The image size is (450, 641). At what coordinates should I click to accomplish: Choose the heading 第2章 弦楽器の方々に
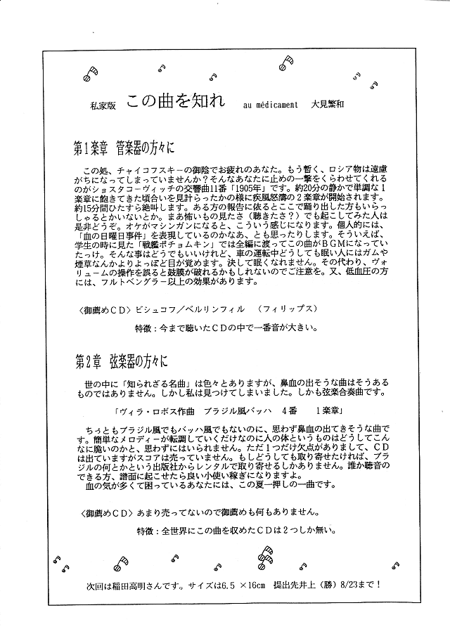pos(121,362)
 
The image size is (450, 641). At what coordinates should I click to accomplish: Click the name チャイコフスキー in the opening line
pos(152,171)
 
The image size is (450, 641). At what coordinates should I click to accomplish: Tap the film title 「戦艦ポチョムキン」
pos(176,244)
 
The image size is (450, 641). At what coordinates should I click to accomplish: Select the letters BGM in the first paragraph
pos(328,244)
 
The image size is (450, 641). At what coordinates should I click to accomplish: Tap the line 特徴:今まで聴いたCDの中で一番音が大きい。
pos(229,328)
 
